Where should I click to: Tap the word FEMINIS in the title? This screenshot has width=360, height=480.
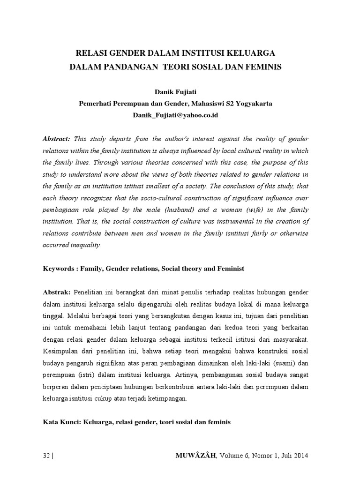(x=262, y=67)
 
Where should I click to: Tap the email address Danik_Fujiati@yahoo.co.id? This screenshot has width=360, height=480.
(x=180, y=115)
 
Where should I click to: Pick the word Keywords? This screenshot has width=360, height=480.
(x=59, y=269)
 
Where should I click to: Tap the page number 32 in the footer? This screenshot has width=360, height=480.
(x=46, y=456)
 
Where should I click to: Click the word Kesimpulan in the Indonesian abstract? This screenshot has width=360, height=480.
(x=62, y=351)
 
